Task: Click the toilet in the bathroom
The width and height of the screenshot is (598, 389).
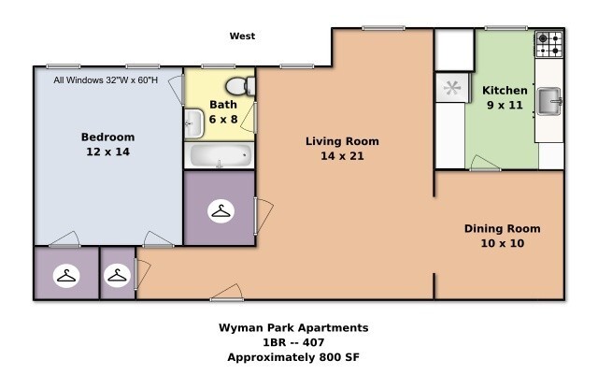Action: point(240,86)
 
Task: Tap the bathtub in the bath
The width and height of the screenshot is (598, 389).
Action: point(221,155)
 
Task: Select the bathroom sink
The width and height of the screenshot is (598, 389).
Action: point(194,123)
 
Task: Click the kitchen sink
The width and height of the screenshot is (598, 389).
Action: point(549,102)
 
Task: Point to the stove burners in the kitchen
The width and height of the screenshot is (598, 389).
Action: point(549,44)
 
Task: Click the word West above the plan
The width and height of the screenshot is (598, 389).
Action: point(242,36)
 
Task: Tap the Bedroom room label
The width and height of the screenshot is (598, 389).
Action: point(108,137)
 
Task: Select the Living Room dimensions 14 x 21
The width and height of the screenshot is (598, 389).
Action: point(342,156)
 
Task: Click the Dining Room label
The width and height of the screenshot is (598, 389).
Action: point(503,229)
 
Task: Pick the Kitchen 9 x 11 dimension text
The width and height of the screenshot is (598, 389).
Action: point(505,105)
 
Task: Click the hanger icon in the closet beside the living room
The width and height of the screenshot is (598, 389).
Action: point(221,211)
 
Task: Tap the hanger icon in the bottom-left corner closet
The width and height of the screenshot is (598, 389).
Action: point(66,276)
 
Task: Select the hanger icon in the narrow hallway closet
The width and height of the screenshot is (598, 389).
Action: point(117,275)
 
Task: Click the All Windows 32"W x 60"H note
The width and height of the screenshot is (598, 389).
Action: point(106,80)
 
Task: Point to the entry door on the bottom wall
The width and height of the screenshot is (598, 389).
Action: point(226,294)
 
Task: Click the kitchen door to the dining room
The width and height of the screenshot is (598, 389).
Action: point(485,164)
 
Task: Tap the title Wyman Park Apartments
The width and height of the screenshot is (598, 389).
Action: point(293,328)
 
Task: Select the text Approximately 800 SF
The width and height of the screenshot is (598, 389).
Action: point(293,357)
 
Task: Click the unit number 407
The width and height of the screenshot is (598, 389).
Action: point(314,342)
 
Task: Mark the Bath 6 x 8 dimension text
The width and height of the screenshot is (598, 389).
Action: point(223,120)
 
